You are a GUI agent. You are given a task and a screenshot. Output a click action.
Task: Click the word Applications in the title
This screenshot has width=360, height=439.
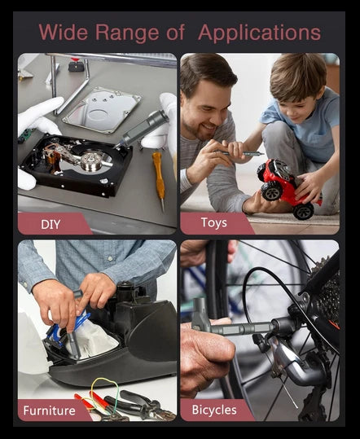[259, 33]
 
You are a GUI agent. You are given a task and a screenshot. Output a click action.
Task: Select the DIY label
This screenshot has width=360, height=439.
[50, 224]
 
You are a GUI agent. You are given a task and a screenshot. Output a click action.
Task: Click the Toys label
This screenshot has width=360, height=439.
[214, 223]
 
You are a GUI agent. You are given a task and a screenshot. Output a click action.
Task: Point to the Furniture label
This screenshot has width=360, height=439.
[49, 410]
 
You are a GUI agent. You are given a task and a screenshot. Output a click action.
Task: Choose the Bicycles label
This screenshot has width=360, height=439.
[214, 410]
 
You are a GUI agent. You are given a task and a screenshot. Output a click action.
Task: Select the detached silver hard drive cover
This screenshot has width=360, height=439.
[102, 110]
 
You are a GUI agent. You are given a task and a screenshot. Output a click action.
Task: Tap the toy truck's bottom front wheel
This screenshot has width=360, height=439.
[303, 212]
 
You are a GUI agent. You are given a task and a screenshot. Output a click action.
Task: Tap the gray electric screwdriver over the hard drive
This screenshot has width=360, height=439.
[143, 128]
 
